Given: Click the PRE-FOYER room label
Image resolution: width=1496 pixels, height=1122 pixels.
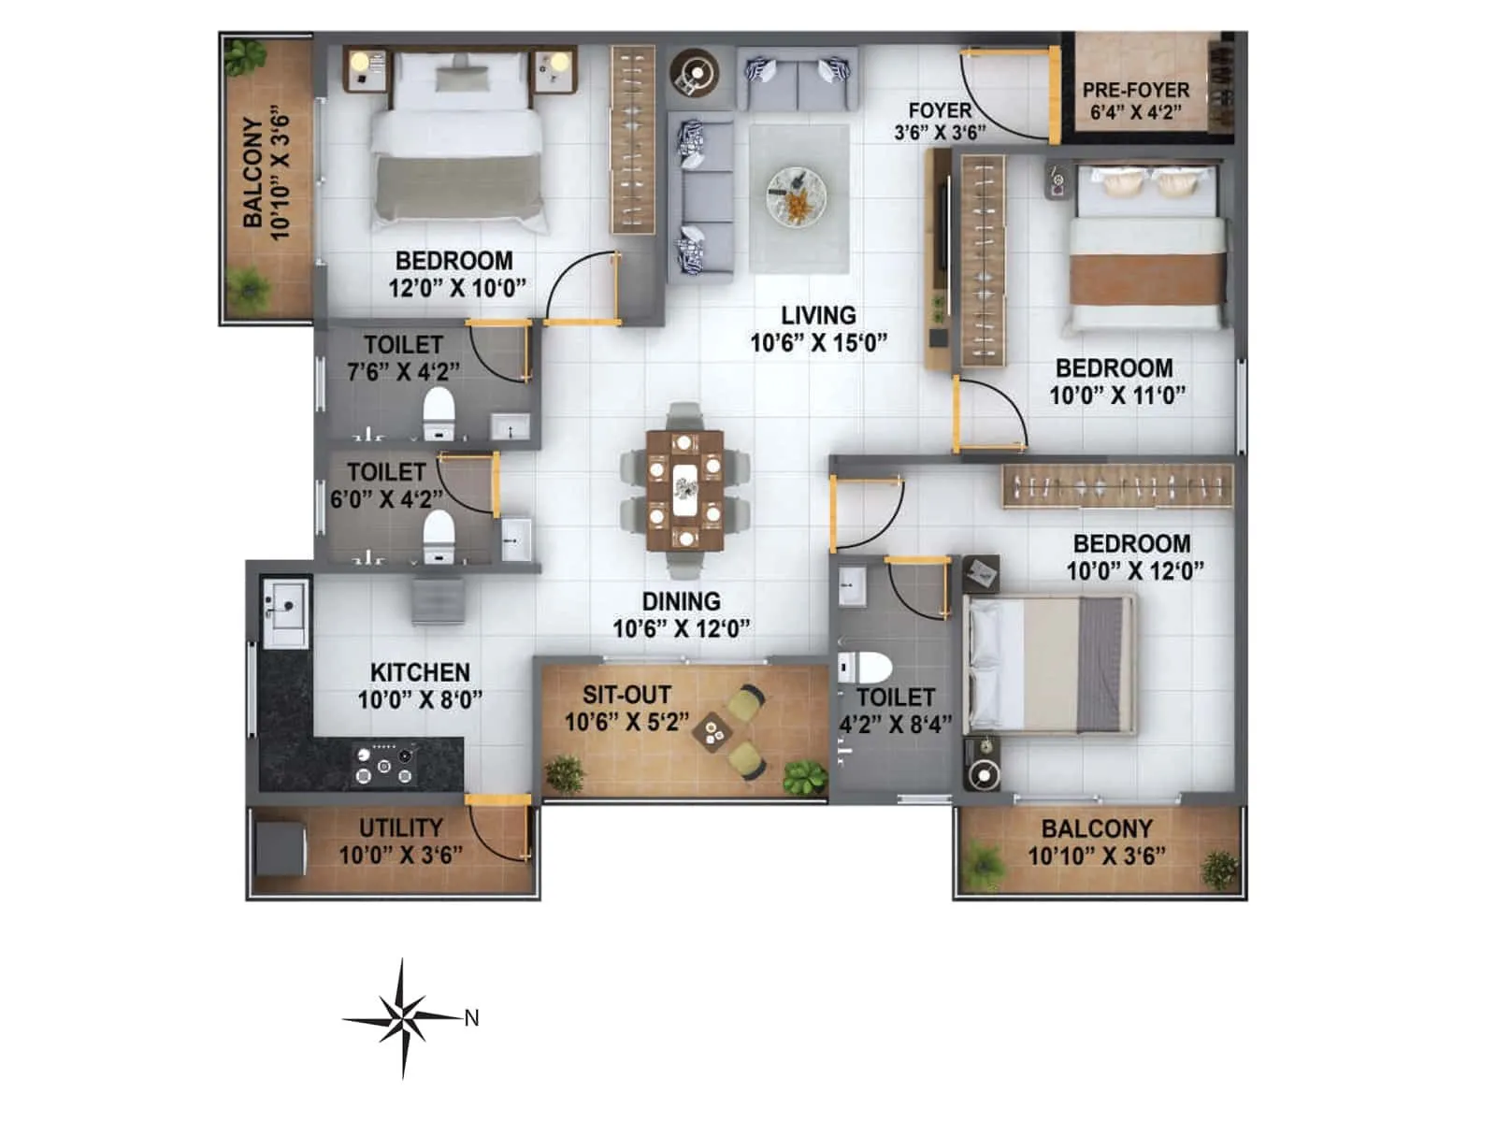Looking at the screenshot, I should pos(1136,91).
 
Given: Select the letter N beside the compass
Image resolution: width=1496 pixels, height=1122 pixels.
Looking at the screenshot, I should pos(472,1018).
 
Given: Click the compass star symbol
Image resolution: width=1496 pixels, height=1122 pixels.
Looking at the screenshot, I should pos(403,1017).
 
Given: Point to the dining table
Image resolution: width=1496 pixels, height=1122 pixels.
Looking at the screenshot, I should pos(685,490).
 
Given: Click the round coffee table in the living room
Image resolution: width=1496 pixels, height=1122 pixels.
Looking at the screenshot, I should pos(796,195).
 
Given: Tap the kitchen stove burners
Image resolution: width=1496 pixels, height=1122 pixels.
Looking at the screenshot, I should pos(383,764).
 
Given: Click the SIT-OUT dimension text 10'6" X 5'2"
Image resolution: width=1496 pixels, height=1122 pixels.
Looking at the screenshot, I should pos(626,722).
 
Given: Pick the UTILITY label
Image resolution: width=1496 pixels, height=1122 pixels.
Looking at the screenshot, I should pos(401,827).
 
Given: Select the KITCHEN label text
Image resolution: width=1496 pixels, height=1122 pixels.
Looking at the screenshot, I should pos(420,672).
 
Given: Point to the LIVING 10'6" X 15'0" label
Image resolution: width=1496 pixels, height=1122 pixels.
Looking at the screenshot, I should pos(818,329).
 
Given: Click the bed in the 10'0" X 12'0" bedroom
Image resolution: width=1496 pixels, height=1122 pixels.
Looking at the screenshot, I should pos(1050,665).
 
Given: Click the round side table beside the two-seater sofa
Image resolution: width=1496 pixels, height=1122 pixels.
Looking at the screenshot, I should pos(695,73).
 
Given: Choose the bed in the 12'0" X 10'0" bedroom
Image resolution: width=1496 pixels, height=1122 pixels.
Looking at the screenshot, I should pos(457,140).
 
